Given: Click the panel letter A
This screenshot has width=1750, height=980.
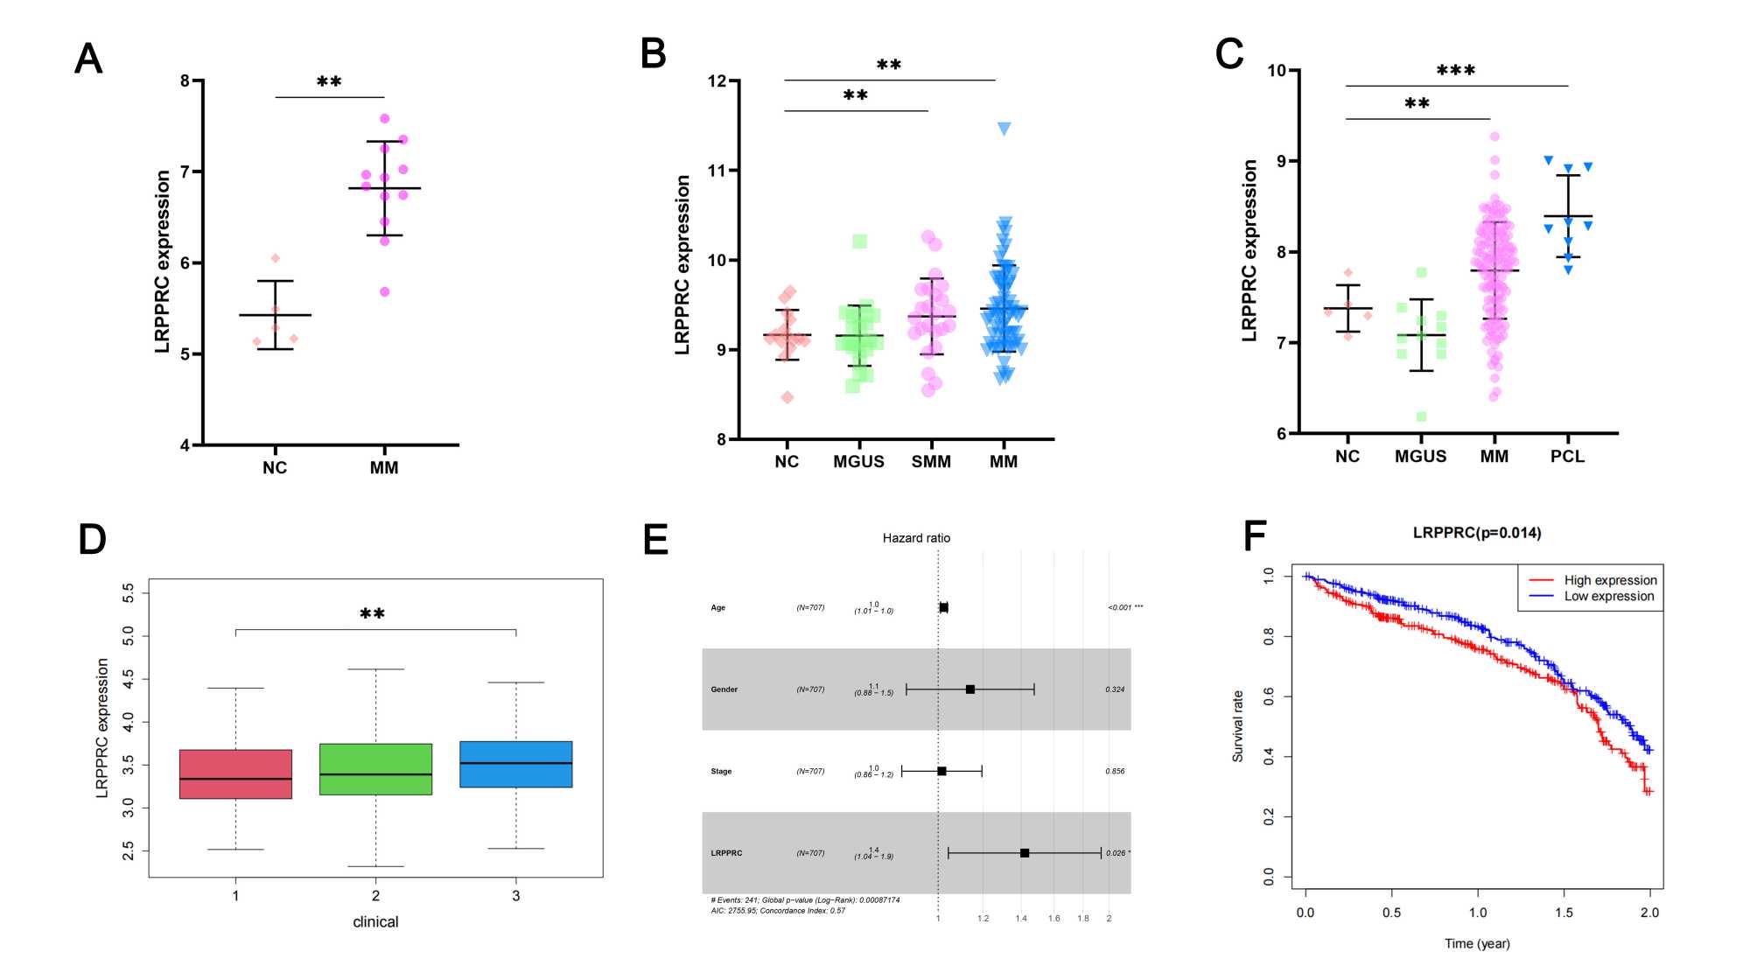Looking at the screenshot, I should coord(88,59).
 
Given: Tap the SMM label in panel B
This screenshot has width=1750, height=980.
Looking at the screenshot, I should coord(931,461).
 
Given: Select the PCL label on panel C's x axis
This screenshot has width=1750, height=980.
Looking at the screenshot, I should coord(1567,456).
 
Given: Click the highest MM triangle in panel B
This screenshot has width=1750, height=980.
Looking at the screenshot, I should coord(1004,129).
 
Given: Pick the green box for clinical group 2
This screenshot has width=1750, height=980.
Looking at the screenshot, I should coord(375,769).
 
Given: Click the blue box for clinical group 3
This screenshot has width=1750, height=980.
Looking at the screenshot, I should coord(516,764).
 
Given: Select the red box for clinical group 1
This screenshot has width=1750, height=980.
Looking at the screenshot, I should coord(235,773).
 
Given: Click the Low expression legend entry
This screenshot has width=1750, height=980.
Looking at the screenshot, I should coord(1608,596).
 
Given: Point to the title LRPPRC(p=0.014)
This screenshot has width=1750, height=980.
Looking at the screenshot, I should coord(1477,532).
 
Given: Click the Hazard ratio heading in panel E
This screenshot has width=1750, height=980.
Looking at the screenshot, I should coord(916,538).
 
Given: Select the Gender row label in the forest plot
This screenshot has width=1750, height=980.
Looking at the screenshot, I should coord(724,689).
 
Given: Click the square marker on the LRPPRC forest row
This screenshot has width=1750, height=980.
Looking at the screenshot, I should coord(1025,853).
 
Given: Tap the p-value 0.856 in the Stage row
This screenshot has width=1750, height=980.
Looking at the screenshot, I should coord(1115,771).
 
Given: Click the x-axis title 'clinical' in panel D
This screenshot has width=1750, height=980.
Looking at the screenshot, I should coord(375,921).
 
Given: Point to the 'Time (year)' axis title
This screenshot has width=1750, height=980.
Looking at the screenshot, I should coord(1477,943).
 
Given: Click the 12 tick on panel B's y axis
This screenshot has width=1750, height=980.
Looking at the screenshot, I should coord(717,81).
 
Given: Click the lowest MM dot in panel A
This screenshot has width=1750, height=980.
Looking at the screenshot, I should coord(384,292).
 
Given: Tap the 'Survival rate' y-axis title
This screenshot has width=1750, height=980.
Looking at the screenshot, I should coord(1238,726).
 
